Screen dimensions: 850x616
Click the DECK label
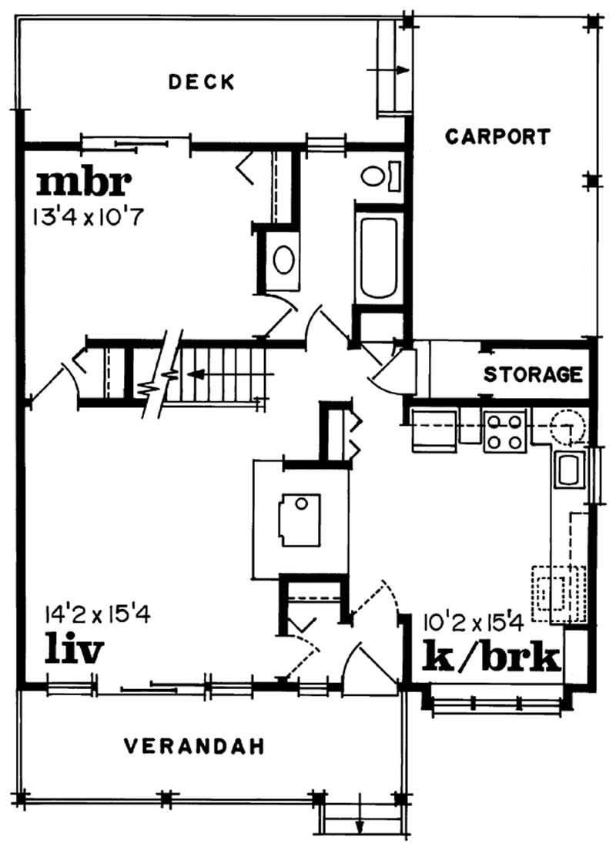click(x=201, y=82)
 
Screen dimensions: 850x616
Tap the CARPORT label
click(x=498, y=137)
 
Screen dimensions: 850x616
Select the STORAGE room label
click(x=533, y=375)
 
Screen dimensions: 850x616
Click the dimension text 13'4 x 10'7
click(x=88, y=216)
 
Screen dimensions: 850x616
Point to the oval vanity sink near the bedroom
click(x=283, y=259)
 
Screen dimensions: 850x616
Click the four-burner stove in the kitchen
click(x=504, y=430)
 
